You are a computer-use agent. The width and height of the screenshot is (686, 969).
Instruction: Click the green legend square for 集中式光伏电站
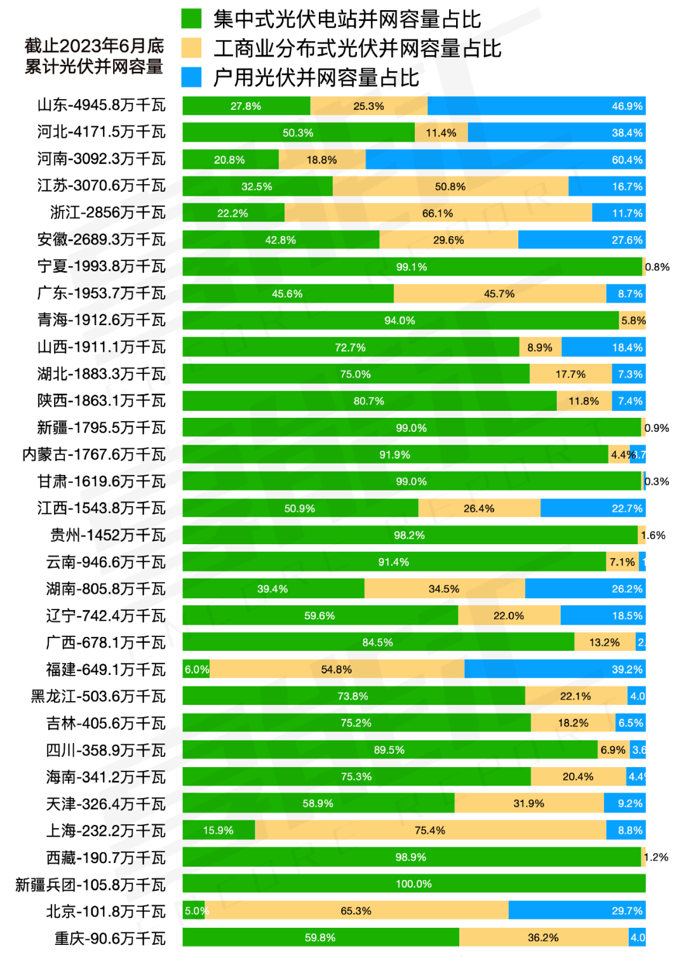pos(191,18)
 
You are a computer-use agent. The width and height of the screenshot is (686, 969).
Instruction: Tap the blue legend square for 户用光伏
pos(191,77)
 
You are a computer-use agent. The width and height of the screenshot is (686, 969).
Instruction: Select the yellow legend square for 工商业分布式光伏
pos(191,48)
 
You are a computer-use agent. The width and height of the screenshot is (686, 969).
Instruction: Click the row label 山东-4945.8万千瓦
pos(101,105)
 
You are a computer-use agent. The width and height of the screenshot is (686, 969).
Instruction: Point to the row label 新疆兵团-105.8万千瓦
pos(90,885)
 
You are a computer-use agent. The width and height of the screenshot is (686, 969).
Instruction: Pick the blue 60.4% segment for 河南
pos(506,159)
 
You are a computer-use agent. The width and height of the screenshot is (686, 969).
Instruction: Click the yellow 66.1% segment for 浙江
pos(438,213)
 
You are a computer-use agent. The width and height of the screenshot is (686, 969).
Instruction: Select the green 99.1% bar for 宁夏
pos(412,267)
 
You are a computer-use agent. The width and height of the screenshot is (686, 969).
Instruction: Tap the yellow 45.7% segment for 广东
pos(499,293)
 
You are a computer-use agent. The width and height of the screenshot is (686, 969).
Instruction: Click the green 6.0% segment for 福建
pos(196,669)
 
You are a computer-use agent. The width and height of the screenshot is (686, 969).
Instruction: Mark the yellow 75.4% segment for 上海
pos(430,830)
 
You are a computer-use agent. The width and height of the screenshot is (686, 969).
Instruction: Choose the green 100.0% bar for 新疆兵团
pos(414,884)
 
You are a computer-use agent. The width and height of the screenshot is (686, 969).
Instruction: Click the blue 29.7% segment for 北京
pos(577,911)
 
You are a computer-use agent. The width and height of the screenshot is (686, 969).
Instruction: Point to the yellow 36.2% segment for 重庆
pos(543,937)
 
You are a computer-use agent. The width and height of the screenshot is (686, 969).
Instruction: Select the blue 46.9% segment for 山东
pos(536,106)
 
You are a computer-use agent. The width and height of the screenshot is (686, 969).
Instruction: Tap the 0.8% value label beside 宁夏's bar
pos(657,267)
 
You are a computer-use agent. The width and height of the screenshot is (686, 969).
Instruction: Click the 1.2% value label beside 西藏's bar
pos(656,857)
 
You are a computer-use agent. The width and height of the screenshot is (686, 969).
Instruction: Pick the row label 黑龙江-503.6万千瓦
pos(98,697)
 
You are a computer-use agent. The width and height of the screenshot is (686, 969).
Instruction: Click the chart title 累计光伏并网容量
pos(94,67)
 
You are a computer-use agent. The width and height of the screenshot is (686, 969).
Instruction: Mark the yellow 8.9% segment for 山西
pos(540,347)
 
